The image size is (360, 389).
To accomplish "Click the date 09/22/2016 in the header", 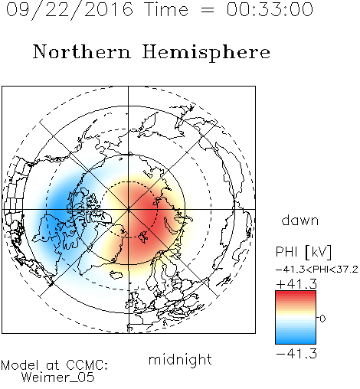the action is tap(70, 9).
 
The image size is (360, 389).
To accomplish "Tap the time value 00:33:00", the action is tap(270, 9).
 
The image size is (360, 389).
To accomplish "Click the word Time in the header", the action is tap(166, 9).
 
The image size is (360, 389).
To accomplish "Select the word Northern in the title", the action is tap(81, 51).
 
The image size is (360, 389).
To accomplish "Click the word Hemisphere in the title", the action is tap(206, 53).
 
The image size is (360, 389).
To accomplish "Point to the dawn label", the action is tap(300, 220).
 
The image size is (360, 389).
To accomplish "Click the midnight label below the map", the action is tap(180, 360).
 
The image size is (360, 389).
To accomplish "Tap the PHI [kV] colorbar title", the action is tap(303, 252).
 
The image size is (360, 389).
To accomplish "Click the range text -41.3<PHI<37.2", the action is tap(317, 269).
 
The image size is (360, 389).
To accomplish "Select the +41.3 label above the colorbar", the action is tap(296, 284).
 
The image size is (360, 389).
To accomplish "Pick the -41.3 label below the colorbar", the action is tap(296, 354).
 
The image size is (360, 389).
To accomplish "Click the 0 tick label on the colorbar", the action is tap(322, 319).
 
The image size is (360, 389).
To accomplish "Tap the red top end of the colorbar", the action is tap(296, 293).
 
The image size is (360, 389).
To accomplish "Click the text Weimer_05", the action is tap(58, 377).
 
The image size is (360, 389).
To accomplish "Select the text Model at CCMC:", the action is tap(54, 365).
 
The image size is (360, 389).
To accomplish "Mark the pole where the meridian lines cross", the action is tap(129, 209).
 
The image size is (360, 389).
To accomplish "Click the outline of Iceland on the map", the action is tap(116, 275).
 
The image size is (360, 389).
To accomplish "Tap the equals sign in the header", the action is tap(208, 10).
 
